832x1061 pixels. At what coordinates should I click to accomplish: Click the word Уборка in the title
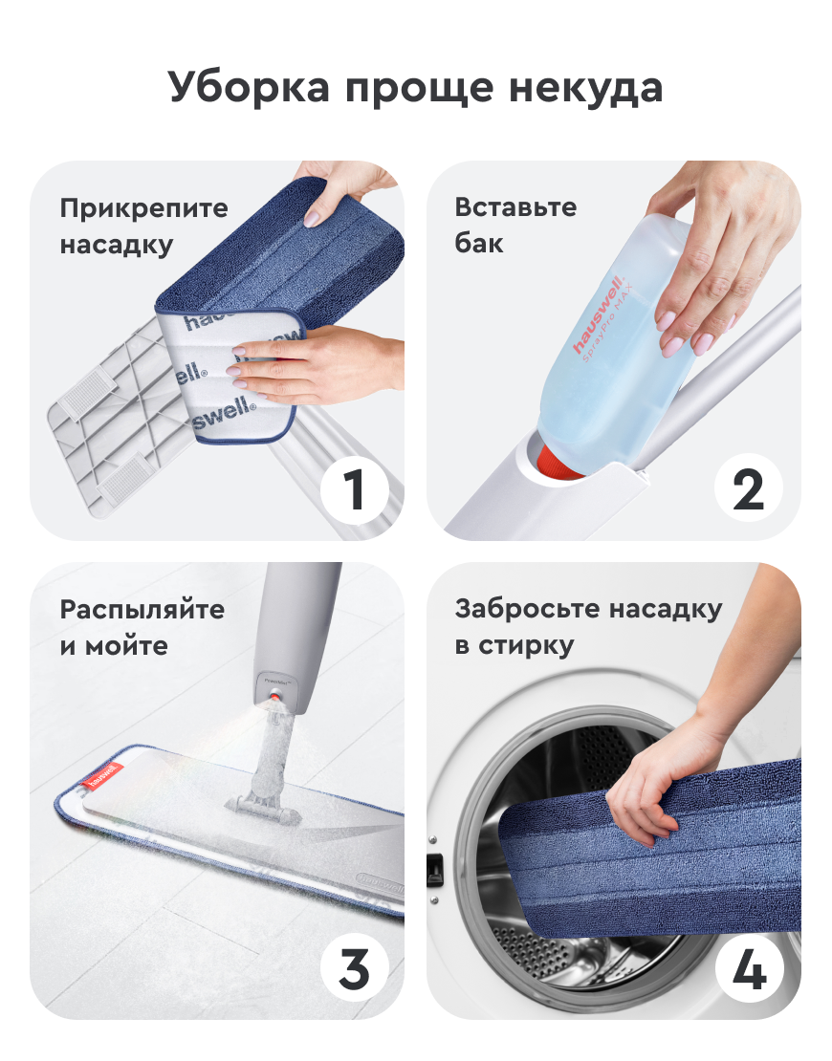[x=250, y=88]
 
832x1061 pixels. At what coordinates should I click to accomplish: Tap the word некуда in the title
[x=585, y=88]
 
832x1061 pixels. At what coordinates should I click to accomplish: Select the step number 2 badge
[x=749, y=489]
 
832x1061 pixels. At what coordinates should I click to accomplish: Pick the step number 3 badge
[x=355, y=968]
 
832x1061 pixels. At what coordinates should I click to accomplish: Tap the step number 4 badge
[x=749, y=968]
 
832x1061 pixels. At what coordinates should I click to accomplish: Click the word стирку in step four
[x=526, y=646]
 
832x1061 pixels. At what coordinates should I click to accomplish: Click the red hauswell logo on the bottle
[x=598, y=314]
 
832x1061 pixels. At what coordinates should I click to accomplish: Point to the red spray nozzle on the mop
[x=275, y=696]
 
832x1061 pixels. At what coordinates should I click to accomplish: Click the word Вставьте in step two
[x=515, y=207]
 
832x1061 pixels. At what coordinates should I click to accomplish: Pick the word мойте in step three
[x=126, y=646]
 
